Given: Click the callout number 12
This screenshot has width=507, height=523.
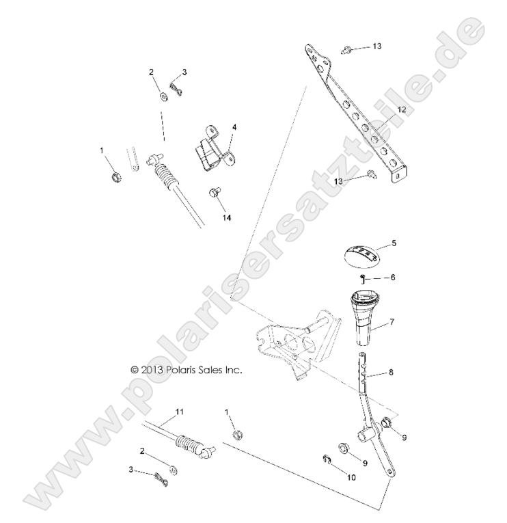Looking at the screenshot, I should click(x=402, y=109).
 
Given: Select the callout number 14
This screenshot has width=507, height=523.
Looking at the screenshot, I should click(x=226, y=217).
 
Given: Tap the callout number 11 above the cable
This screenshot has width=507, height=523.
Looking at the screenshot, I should click(x=180, y=412).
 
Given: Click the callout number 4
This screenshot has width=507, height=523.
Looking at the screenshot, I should click(x=234, y=127).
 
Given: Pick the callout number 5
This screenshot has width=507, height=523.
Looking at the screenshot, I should click(x=394, y=242).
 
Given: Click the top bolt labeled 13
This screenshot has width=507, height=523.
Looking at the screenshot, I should click(x=348, y=48).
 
